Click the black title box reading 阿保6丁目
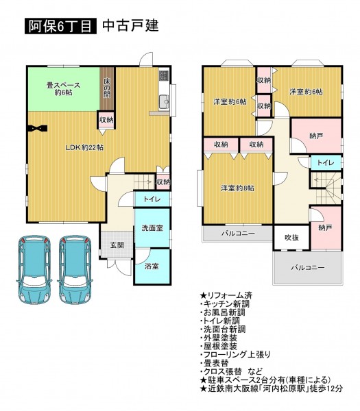coord(60,26)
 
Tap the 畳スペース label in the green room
coord(63,85)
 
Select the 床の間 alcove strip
coord(107,89)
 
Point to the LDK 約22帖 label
coord(84,147)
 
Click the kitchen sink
coord(165,101)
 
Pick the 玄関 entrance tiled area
coord(117,245)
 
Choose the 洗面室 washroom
coord(152,228)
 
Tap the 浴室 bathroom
coord(152,266)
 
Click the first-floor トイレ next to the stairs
coord(152,199)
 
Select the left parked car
coord(34,269)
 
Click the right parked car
coord(75,269)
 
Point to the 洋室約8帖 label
coord(237,188)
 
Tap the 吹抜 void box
coord(292,238)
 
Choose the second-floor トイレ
coord(326,162)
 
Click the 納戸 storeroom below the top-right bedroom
coord(316,136)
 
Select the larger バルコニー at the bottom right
coord(308,268)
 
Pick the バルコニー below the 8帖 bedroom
coord(238,233)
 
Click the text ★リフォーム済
coord(226,296)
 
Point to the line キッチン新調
coord(225,304)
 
